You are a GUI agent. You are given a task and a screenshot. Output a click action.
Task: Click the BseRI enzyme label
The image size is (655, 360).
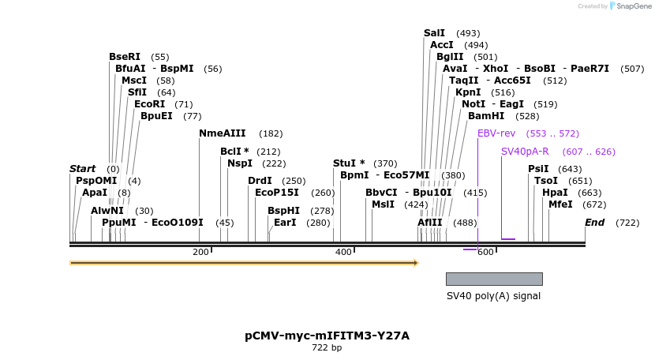point(125,57)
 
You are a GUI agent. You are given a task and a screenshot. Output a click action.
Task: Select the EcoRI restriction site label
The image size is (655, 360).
point(149,104)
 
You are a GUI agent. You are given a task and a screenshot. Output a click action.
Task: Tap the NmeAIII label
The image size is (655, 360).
point(223,133)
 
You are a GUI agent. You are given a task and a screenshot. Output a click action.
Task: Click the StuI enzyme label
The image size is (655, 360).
point(349,163)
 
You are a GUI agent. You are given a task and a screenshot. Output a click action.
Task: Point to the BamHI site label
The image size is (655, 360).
point(486,116)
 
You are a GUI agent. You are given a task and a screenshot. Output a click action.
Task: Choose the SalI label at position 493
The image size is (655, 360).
point(434,33)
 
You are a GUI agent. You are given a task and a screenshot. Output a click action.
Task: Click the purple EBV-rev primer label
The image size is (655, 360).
point(496,133)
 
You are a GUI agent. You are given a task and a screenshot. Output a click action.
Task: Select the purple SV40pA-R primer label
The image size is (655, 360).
point(525,152)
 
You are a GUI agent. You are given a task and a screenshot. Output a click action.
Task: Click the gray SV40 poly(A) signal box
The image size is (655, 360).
point(494,279)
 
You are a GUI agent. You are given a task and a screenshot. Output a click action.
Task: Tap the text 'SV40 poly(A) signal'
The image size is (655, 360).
point(494,296)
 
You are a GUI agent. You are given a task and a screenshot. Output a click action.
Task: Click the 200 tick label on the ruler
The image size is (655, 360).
point(201,252)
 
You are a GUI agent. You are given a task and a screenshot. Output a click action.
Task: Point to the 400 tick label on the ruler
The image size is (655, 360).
point(343,252)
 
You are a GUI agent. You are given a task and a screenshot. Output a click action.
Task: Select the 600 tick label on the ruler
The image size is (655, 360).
point(485,252)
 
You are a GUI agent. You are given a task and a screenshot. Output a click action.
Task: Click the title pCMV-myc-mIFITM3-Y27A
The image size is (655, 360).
point(327,336)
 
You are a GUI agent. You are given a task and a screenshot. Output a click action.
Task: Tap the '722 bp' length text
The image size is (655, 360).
point(327,347)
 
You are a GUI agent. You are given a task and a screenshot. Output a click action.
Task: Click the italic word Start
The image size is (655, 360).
point(82,169)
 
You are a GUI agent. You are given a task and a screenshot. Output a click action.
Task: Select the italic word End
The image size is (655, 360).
point(594,223)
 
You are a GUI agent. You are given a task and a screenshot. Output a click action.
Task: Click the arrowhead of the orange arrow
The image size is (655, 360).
point(415,262)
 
